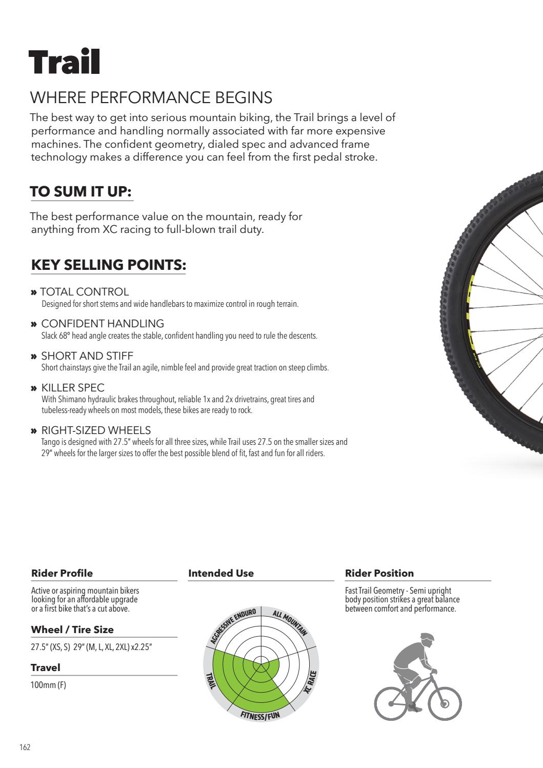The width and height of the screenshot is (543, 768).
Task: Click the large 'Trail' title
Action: [64, 63]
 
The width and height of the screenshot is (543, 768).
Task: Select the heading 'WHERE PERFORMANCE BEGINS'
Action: [151, 97]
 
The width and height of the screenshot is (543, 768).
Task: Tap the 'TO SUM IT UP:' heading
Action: [81, 192]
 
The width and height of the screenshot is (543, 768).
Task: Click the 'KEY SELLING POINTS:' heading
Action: [108, 265]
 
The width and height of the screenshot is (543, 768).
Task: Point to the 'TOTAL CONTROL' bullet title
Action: [85, 292]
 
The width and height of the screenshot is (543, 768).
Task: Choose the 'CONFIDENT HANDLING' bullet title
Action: [103, 324]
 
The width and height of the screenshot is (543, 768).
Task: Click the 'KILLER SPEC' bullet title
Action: [73, 388]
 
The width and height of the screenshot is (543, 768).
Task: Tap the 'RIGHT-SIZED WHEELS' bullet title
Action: [96, 430]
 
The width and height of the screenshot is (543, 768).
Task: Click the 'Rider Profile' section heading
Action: [62, 573]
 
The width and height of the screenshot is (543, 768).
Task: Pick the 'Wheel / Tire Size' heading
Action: [72, 629]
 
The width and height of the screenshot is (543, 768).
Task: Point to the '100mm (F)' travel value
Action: [48, 685]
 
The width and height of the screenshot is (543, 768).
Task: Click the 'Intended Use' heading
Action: [221, 573]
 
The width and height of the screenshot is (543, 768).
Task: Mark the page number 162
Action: [25, 747]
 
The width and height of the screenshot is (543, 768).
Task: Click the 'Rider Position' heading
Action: [379, 573]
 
